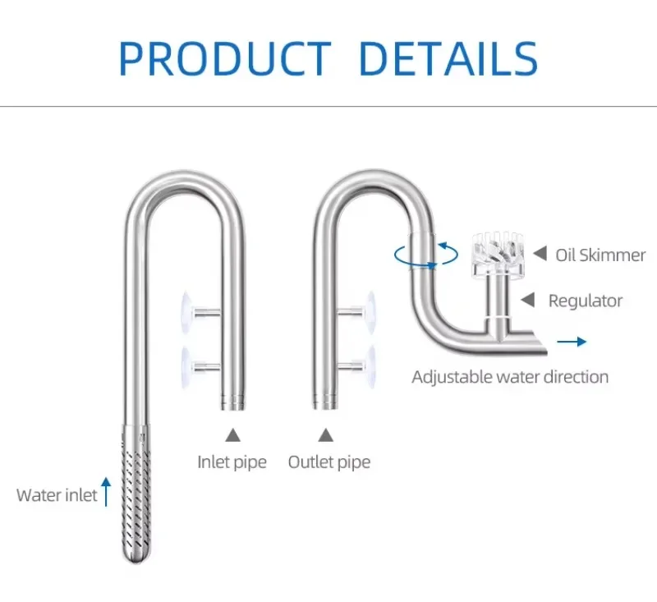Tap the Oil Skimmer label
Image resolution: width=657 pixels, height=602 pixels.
coord(600,255)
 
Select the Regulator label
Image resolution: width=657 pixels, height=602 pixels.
coord(586,301)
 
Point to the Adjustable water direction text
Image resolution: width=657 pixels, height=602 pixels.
coord(510,378)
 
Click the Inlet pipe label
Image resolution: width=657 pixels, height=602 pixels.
coord(232,462)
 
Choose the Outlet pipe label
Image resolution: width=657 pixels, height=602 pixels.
coord(328,462)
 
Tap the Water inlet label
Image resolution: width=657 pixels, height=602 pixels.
coord(57,495)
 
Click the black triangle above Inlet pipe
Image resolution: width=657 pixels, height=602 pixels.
coord(233,434)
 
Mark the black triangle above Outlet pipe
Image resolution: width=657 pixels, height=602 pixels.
coord(326,434)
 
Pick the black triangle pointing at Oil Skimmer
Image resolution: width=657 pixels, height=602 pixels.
coord(540,254)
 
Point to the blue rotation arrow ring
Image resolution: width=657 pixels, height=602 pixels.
coord(425,254)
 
